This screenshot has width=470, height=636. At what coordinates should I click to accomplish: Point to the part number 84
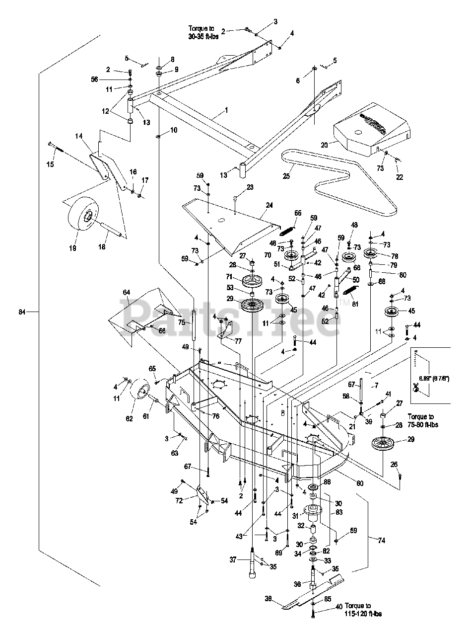pos(20,312)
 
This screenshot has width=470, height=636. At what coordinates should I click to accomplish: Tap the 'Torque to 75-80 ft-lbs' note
pos(427,421)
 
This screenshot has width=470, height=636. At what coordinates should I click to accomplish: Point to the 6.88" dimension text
pos(438,379)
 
